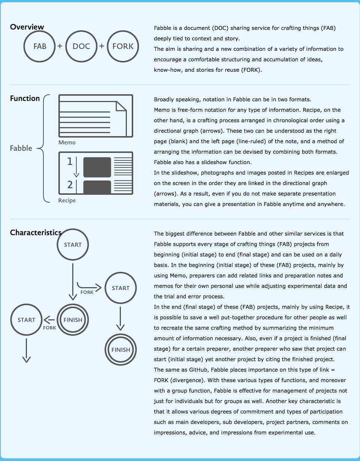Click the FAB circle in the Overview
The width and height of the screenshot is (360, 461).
pyautogui.click(x=40, y=46)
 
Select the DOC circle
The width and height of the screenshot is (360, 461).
pyautogui.click(x=81, y=46)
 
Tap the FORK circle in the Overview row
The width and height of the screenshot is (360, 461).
pyautogui.click(x=123, y=46)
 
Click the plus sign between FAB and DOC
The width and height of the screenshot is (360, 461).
pyautogui.click(x=60, y=46)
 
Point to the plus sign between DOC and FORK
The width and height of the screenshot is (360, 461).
pyautogui.click(x=102, y=46)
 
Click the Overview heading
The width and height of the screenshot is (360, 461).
pyautogui.click(x=27, y=27)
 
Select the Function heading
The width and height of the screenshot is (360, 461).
pyautogui.click(x=25, y=98)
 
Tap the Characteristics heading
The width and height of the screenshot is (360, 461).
pyautogui.click(x=36, y=233)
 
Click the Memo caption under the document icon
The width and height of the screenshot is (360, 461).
pyautogui.click(x=67, y=142)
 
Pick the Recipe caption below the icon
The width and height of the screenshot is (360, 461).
pyautogui.click(x=67, y=200)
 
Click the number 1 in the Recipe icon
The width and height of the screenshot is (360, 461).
pyautogui.click(x=70, y=162)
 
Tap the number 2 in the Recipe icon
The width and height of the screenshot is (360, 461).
pyautogui.click(x=70, y=184)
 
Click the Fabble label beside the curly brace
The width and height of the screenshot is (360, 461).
pyautogui.click(x=21, y=148)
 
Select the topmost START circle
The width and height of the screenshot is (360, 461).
pyautogui.click(x=73, y=245)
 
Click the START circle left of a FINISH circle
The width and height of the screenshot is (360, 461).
pyautogui.click(x=26, y=320)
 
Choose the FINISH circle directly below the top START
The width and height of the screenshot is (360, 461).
pyautogui.click(x=73, y=320)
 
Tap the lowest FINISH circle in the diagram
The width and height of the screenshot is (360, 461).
pyautogui.click(x=120, y=350)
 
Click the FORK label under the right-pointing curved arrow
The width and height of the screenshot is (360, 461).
pyautogui.click(x=87, y=292)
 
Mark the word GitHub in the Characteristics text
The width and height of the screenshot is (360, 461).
pyautogui.click(x=195, y=370)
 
